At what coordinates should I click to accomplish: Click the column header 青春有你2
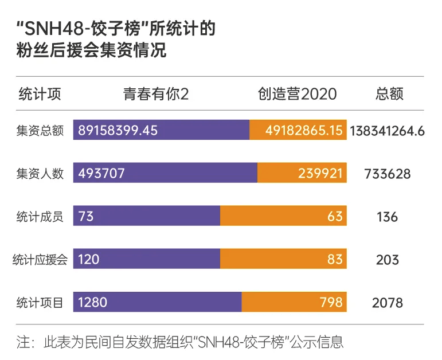click(x=155, y=94)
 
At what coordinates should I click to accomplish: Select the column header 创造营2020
click(x=297, y=94)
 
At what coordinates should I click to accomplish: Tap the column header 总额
click(x=389, y=94)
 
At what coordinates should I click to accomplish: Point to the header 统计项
click(x=40, y=94)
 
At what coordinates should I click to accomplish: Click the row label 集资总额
click(x=40, y=130)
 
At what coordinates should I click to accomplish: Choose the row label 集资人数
click(x=40, y=173)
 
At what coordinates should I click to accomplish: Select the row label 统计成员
click(x=40, y=216)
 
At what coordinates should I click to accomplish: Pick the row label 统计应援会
click(x=40, y=259)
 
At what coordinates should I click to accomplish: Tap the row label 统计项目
click(x=40, y=302)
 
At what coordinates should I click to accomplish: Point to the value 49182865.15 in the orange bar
click(x=303, y=130)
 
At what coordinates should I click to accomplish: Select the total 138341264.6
click(x=387, y=130)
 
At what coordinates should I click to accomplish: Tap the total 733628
click(x=387, y=173)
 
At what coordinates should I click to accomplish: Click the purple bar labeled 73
click(x=146, y=216)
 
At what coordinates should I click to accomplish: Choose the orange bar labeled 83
click(x=283, y=259)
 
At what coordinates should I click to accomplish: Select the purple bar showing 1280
click(x=157, y=302)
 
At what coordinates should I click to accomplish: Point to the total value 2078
click(x=387, y=302)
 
